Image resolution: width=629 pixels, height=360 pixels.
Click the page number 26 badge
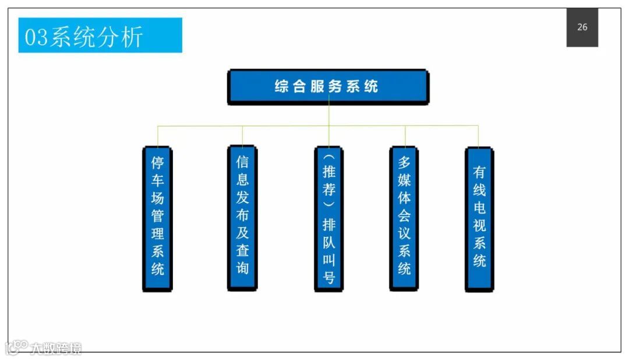click(x=582, y=27)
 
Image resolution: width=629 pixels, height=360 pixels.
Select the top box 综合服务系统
click(x=328, y=87)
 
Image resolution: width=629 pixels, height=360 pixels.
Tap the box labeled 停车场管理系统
click(x=157, y=218)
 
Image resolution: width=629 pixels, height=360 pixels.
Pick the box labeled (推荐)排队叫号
click(x=329, y=218)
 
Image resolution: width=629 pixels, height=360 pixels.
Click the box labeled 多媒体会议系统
click(x=404, y=218)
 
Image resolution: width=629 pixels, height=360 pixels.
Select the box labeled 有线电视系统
click(x=479, y=218)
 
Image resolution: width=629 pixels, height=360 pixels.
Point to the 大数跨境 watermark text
click(x=56, y=348)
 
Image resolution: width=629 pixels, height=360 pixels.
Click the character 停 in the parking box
click(x=157, y=161)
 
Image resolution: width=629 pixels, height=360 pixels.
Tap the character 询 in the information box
click(x=242, y=268)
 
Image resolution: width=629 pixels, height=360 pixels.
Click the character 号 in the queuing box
click(x=329, y=278)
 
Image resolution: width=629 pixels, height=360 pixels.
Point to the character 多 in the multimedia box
click(x=404, y=161)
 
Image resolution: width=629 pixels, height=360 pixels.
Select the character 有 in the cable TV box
click(x=479, y=172)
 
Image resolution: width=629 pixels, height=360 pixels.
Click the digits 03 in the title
click(x=37, y=37)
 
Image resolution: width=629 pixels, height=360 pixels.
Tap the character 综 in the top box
click(x=282, y=87)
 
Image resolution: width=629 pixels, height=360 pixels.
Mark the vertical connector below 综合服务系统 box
click(x=329, y=115)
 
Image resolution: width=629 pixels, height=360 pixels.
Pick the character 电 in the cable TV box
click(x=479, y=208)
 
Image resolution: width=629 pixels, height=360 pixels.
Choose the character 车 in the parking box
click(x=157, y=179)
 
